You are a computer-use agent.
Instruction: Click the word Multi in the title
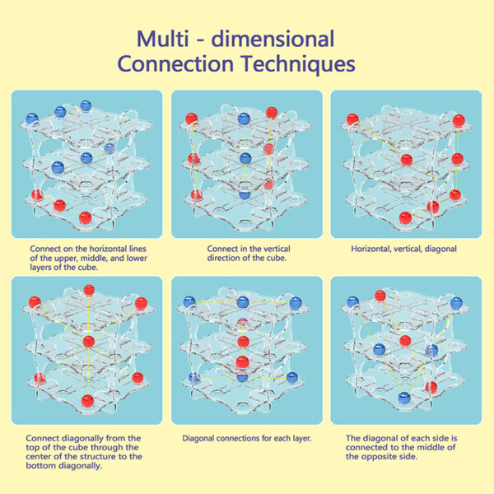(x=162, y=39)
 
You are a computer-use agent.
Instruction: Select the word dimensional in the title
(x=273, y=39)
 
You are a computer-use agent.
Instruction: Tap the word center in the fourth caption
(x=40, y=456)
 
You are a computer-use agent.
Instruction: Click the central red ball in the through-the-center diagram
(x=89, y=342)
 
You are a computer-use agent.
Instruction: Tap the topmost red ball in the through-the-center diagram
(x=89, y=290)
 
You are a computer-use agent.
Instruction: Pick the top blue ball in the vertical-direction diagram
(x=244, y=119)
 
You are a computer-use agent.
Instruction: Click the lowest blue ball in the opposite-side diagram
(x=404, y=398)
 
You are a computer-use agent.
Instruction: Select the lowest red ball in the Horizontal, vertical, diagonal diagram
(x=405, y=217)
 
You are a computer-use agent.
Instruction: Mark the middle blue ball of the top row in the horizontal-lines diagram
(x=60, y=112)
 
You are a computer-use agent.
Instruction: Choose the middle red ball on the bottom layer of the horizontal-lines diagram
(x=59, y=205)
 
